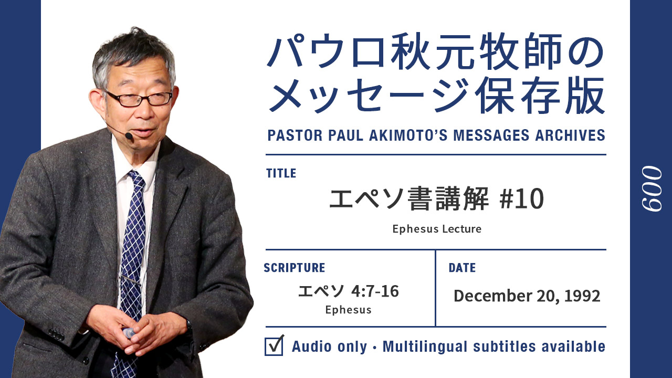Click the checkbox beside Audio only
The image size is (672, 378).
274,346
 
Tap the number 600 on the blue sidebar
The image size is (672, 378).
652,189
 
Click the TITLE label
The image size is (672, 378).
281,173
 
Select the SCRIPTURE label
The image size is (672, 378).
295,268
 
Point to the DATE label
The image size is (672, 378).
462,268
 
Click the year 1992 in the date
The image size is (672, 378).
582,296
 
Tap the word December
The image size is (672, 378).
493,296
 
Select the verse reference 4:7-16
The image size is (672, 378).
375,291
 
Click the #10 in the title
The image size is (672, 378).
522,198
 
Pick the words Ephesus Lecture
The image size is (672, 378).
437,229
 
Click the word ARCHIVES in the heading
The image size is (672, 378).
570,135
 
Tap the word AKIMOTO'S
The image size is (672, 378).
408,135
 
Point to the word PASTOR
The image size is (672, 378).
295,135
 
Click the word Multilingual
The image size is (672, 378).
425,346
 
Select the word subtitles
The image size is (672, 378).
505,346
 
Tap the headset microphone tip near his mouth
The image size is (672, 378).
129,136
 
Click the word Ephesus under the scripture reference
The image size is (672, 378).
348,310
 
